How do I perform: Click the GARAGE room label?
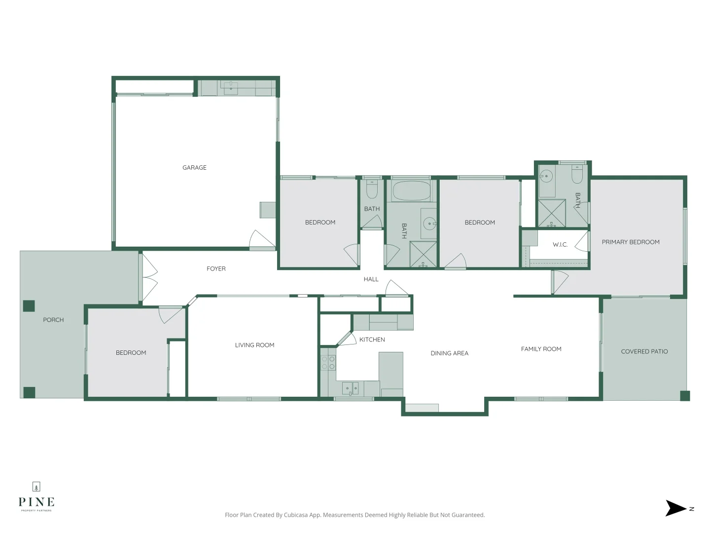point(194,168)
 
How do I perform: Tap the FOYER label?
point(216,269)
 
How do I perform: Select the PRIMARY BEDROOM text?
point(630,242)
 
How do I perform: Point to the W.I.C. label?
point(560,245)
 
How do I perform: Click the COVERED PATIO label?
point(644,352)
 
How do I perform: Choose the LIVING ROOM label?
point(254,345)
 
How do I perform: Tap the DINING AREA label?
point(449,353)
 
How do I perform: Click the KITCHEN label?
point(372,340)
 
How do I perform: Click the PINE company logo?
point(36,498)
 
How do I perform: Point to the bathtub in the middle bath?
point(411,191)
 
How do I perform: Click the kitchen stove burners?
point(328,363)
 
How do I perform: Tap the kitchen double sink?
point(351,388)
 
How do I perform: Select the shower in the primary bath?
point(551,213)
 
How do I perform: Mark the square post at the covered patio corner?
point(685,395)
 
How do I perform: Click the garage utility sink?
point(231,88)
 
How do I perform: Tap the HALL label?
point(371,279)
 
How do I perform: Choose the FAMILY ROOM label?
point(541,349)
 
